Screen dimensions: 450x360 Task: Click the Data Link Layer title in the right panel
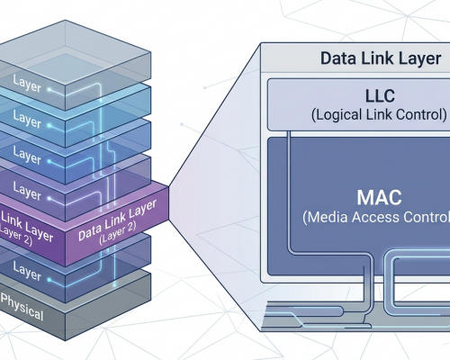tap(381, 58)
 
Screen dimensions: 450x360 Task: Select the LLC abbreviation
tap(380, 96)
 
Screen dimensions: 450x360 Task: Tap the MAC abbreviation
tap(380, 197)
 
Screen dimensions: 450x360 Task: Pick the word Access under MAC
tap(375, 217)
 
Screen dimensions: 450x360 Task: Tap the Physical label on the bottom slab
tap(22, 307)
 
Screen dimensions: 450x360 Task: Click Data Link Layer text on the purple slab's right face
tap(117, 220)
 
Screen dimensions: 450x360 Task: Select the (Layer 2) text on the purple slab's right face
tap(118, 232)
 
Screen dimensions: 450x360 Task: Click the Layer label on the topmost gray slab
tap(27, 84)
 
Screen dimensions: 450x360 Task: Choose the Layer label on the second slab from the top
tap(27, 119)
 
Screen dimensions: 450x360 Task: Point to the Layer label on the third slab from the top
tap(27, 155)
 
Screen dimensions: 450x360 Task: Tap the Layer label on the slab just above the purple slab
tap(27, 191)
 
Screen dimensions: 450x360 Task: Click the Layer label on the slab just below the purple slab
tap(27, 271)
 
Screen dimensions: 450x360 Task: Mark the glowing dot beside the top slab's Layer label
tap(49, 89)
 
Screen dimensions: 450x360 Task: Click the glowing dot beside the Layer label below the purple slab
tap(49, 280)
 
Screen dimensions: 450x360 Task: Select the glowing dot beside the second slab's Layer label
tap(49, 125)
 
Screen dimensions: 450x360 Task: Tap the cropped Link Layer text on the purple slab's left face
tap(27, 227)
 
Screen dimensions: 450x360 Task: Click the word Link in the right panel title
tap(381, 58)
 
